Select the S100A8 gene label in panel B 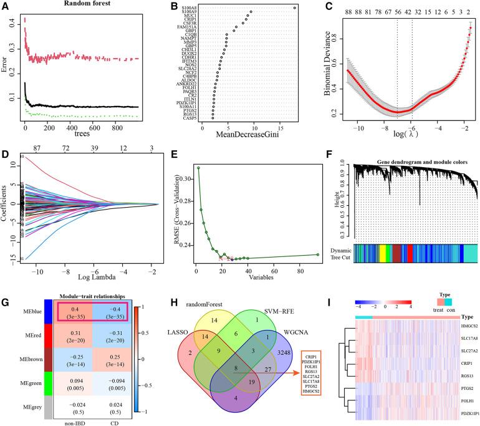(x=186, y=7)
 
